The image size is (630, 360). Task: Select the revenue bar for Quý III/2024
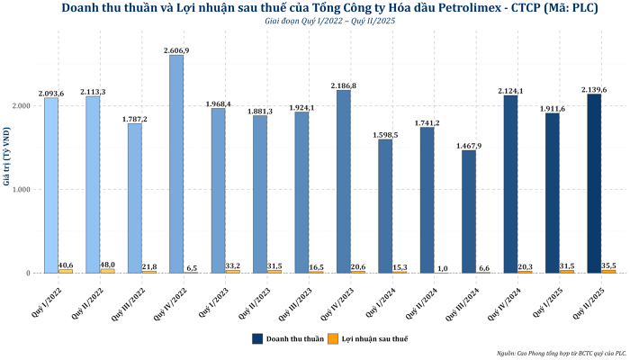(469, 211)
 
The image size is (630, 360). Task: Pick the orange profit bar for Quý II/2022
(107, 270)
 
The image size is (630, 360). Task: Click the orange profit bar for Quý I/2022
(66, 271)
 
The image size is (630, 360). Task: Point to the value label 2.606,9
(176, 50)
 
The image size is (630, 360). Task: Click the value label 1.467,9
(469, 145)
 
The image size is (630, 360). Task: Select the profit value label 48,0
(107, 264)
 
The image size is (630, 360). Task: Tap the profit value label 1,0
(442, 268)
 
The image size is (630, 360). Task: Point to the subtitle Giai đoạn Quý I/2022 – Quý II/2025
(315, 21)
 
